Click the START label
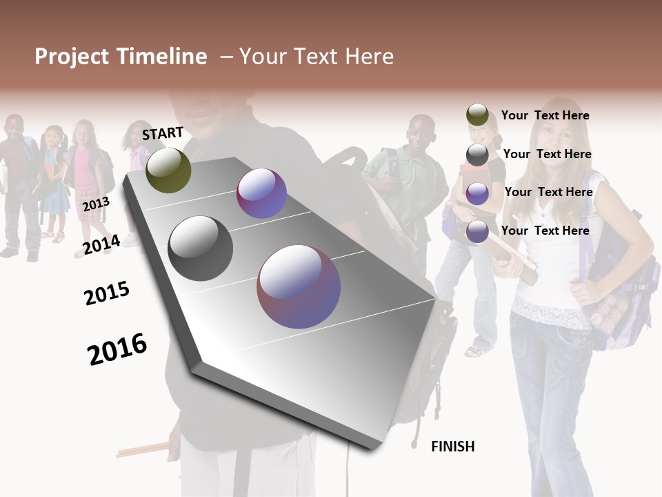[163, 133]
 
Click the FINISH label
[452, 447]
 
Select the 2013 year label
[96, 204]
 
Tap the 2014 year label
[101, 244]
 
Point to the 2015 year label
[107, 293]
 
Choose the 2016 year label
[117, 349]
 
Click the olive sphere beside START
[168, 170]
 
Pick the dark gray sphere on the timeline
[201, 248]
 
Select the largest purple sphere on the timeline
[299, 286]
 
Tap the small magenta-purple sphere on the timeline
[261, 194]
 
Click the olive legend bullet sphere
[477, 115]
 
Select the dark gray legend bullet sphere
[477, 155]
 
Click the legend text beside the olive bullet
[545, 115]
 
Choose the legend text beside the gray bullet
[547, 154]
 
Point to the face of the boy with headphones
[419, 133]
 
